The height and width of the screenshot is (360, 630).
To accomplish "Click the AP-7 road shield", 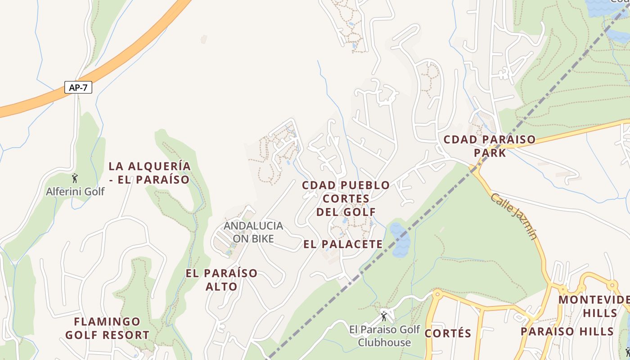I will click(78, 87).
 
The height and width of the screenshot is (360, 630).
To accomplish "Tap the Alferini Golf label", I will click(75, 192).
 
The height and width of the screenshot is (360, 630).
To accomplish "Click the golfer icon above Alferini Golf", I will click(75, 178).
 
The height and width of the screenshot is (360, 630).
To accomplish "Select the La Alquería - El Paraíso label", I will click(149, 173).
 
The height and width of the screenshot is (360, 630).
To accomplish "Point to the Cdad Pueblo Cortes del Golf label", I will click(346, 198).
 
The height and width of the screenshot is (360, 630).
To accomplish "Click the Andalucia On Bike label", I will click(253, 232).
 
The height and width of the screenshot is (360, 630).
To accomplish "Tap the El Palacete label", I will click(343, 244).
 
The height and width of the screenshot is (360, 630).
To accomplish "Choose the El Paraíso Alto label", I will click(221, 279).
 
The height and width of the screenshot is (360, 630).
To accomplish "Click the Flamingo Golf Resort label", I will click(107, 328).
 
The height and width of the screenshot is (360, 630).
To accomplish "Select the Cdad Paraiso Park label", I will click(490, 146).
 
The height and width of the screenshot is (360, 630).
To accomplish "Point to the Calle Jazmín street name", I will click(514, 216).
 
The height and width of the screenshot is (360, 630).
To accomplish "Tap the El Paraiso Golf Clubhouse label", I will click(384, 336).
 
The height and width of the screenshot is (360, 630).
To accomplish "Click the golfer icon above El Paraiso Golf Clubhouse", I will click(384, 316).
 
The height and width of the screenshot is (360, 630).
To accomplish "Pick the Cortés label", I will click(448, 333).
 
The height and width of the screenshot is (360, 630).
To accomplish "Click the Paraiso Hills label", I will click(567, 332).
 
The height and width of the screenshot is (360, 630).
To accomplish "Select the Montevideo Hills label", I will click(594, 306).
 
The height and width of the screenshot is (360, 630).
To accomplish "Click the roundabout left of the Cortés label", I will click(436, 295).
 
